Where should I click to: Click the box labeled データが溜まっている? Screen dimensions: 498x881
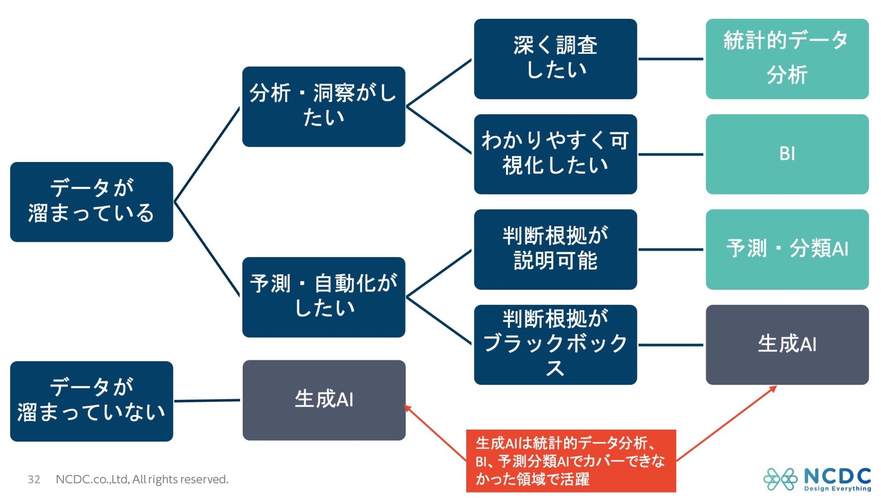[x=91, y=201]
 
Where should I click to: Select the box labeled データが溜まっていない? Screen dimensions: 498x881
[x=91, y=401]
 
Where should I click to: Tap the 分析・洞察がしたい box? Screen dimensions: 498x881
[x=323, y=106]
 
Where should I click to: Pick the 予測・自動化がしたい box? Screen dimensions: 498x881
[x=323, y=297]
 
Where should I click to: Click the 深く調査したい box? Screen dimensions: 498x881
[x=555, y=59]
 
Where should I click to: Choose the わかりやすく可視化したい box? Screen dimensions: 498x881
[x=555, y=154]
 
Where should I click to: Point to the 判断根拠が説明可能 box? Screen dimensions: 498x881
[x=555, y=249]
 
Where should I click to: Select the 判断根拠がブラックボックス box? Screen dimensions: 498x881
[x=555, y=345]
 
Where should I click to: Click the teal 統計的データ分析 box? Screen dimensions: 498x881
[x=787, y=59]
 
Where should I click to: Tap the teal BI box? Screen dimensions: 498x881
[x=787, y=154]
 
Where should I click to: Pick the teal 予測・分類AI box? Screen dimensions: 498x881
[x=787, y=249]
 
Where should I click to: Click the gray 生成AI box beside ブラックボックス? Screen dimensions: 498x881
[x=787, y=345]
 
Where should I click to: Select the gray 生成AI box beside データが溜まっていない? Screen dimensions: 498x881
[x=324, y=400]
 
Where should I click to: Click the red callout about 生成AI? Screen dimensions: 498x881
[x=571, y=461]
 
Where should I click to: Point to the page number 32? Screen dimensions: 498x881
[x=34, y=480]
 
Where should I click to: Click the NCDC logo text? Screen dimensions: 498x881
[x=837, y=476]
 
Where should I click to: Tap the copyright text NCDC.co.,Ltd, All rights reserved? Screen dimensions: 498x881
[x=142, y=480]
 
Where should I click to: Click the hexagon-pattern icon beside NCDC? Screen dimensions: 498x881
[x=780, y=479]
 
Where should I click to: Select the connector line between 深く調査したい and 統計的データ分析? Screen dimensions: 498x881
[x=671, y=59]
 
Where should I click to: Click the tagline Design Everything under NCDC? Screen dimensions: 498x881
[x=837, y=489]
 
